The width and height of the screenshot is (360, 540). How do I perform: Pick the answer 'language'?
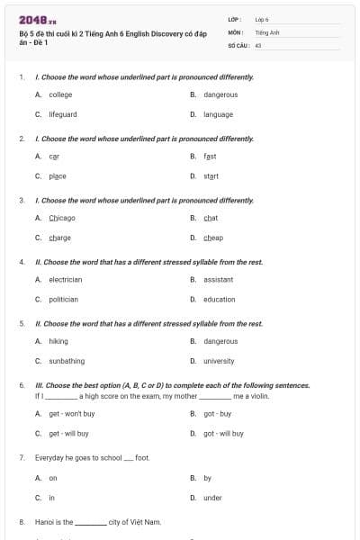click(218, 114)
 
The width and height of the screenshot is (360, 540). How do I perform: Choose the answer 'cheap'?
click(213, 238)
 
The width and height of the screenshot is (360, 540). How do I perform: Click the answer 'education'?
click(219, 299)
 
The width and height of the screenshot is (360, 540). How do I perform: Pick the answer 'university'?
click(219, 361)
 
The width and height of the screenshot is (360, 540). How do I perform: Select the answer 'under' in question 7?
click(212, 497)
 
